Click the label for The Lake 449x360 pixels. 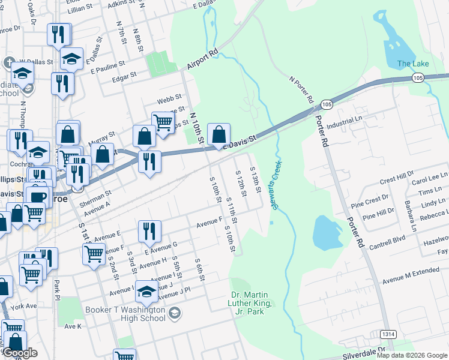tap(412, 64)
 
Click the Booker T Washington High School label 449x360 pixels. tap(124, 314)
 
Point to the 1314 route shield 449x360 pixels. tap(388, 334)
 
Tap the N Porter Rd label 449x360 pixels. tap(302, 88)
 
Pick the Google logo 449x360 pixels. tap(20, 353)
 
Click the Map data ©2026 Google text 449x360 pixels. tap(412, 355)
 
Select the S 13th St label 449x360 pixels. tap(255, 181)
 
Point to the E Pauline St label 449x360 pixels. tap(108, 64)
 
